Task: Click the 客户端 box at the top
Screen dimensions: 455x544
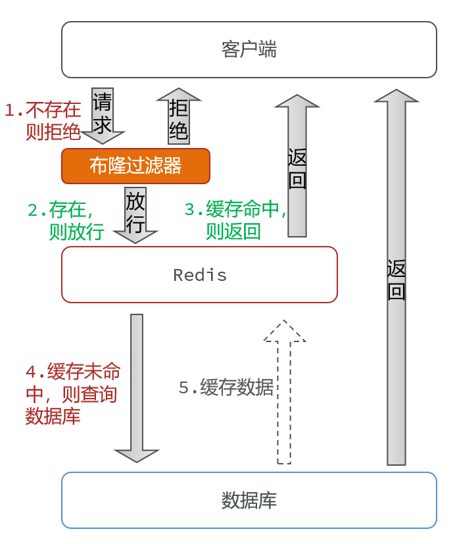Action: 249,49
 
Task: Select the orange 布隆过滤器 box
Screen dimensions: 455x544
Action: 135,166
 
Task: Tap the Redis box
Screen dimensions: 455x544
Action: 199,274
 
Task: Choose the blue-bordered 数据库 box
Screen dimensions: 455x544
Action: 249,500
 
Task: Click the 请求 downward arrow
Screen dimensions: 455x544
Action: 103,116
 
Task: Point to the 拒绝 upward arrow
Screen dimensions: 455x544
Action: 179,116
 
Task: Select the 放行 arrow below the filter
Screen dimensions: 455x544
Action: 135,215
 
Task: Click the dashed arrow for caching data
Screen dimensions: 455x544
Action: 284,392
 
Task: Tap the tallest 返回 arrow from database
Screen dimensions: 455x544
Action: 396,277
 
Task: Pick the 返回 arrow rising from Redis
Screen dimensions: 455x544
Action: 297,166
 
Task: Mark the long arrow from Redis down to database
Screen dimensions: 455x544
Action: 137,388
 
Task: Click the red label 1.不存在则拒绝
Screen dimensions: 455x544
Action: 43,121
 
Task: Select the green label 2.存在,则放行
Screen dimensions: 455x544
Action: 66,220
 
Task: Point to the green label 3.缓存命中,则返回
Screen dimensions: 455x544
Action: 236,220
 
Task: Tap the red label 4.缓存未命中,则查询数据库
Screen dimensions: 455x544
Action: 73,393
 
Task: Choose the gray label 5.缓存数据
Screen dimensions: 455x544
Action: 226,387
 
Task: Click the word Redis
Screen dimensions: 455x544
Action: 200,275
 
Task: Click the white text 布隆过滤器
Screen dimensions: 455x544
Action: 135,166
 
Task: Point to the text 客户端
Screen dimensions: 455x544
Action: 249,49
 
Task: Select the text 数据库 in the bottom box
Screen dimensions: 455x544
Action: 249,500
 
